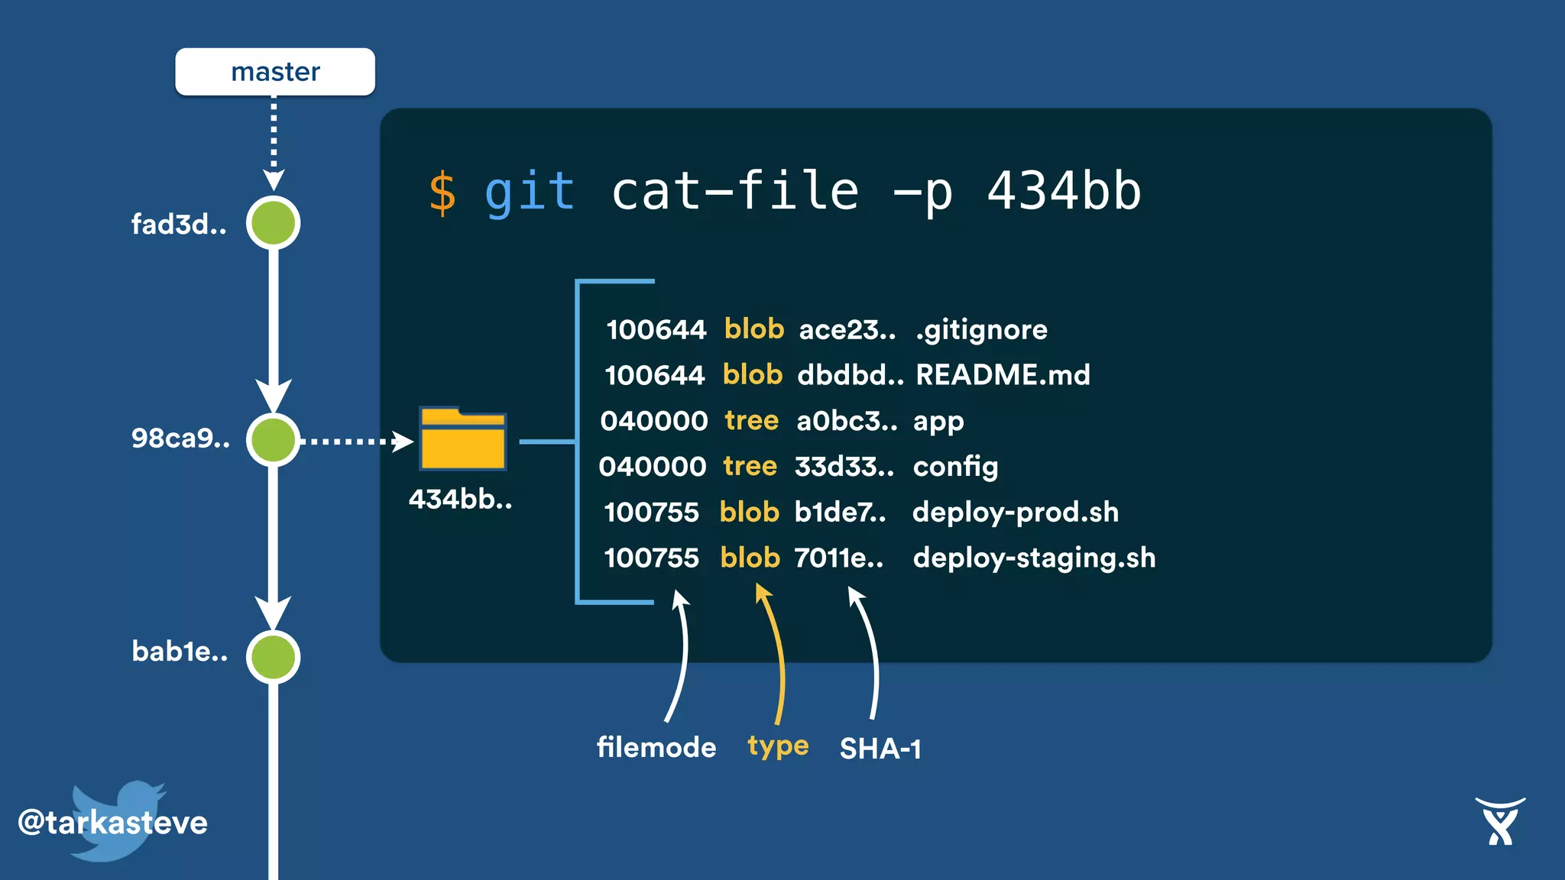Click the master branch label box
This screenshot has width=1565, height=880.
(x=275, y=72)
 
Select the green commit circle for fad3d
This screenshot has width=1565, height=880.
(x=273, y=223)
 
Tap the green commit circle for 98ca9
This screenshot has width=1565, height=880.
(x=273, y=439)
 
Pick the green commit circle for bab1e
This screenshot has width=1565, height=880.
(x=273, y=656)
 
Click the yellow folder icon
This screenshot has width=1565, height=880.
(x=462, y=439)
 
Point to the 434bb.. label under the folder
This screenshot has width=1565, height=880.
(x=460, y=499)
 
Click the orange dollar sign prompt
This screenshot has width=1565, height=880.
(x=442, y=192)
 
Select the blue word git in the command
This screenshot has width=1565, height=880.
(x=529, y=191)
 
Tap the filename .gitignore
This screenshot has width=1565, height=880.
(x=981, y=329)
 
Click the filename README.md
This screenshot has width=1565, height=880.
(x=1003, y=375)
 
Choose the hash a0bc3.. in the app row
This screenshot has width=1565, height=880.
(x=846, y=421)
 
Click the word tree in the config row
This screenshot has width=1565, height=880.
(x=750, y=466)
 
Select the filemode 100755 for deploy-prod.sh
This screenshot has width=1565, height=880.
(x=651, y=512)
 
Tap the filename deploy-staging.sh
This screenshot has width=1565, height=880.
(x=1034, y=558)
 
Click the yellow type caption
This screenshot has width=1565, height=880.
(x=778, y=746)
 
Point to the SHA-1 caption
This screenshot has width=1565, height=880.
(x=880, y=749)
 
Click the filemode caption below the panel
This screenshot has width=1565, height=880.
(x=656, y=747)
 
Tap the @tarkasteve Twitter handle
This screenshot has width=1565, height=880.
(x=113, y=823)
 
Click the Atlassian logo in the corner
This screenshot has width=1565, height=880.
(x=1500, y=822)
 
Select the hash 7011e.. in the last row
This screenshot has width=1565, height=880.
(x=838, y=558)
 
